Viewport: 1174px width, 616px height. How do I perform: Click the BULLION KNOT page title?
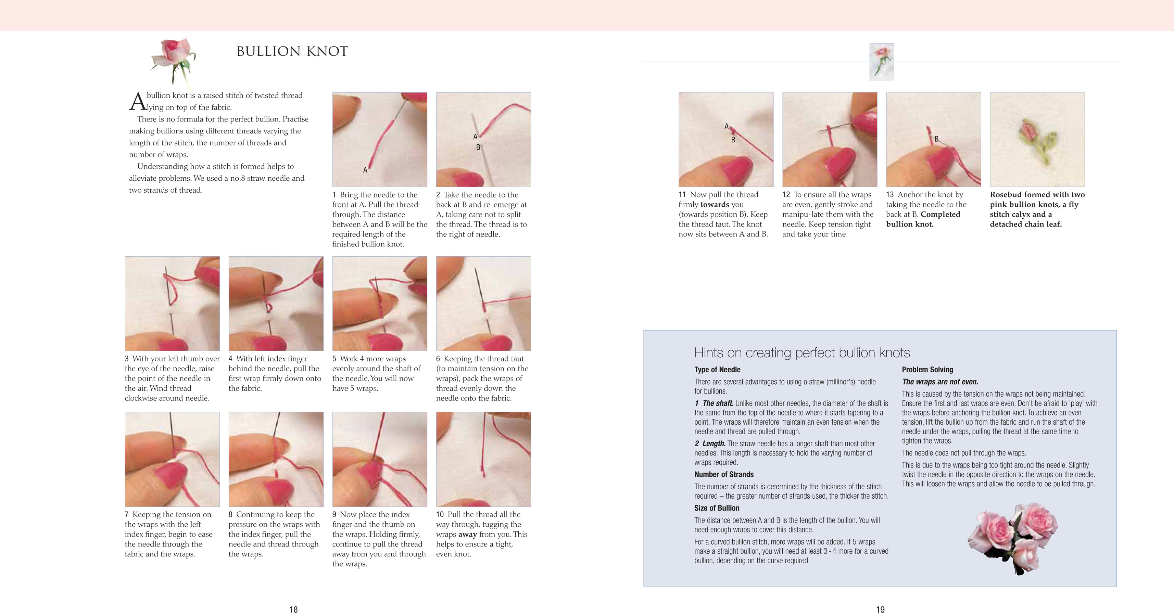(292, 51)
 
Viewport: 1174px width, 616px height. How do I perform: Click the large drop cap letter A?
(137, 102)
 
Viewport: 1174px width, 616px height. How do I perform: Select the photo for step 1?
(380, 139)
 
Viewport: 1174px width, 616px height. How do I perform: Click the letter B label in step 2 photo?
(478, 147)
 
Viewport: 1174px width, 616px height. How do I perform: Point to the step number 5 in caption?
(334, 359)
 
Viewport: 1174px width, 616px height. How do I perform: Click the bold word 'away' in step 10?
(467, 534)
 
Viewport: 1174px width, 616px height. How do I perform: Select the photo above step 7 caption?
(172, 459)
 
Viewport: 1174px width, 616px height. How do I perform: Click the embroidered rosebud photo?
(1037, 139)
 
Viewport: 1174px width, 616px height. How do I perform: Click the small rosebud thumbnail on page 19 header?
(881, 62)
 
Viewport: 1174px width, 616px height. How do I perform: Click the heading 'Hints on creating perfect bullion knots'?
(801, 352)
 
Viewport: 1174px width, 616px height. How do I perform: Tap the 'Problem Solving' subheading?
(927, 370)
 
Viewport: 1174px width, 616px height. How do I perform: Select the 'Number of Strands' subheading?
(724, 474)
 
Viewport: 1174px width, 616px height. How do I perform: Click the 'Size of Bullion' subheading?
(717, 508)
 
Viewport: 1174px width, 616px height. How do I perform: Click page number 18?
(293, 609)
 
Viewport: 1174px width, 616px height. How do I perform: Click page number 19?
(880, 609)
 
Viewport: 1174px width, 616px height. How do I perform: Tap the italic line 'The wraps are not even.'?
(940, 382)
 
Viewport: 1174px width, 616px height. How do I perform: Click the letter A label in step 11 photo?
(727, 126)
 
